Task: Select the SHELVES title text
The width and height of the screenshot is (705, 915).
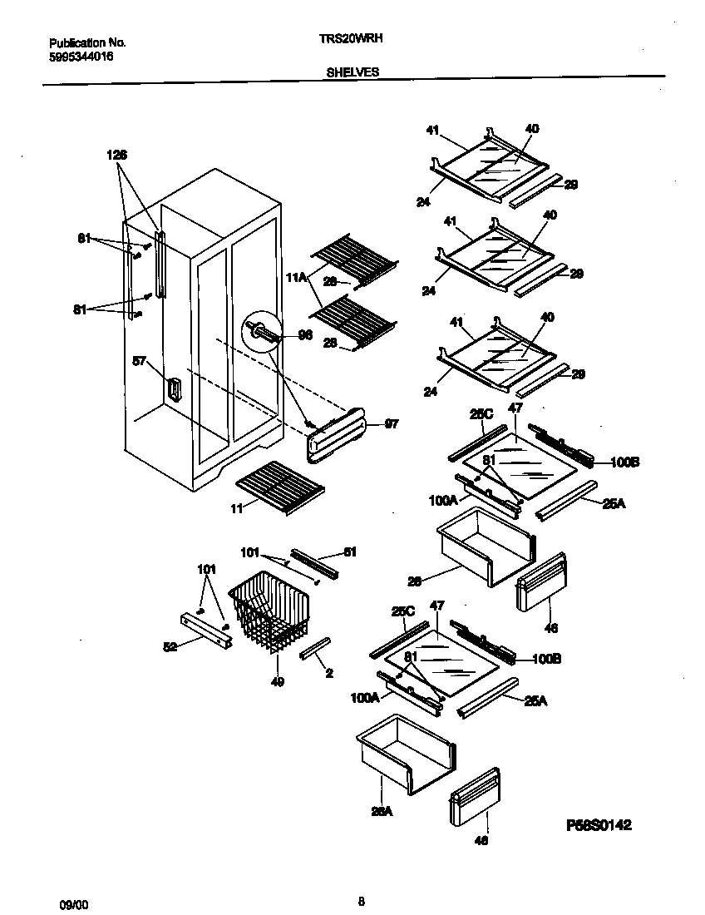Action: pos(352,72)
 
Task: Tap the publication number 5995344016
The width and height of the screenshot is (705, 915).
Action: pos(81,57)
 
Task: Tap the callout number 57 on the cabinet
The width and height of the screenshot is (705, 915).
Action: pos(140,361)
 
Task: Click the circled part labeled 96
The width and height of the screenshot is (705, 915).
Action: pos(259,334)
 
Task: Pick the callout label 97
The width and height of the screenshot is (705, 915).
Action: pos(392,423)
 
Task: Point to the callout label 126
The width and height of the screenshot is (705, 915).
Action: pos(116,154)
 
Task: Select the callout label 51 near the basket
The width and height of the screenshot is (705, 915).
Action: pos(349,551)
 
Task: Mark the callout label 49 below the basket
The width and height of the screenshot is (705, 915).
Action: pos(277,682)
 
